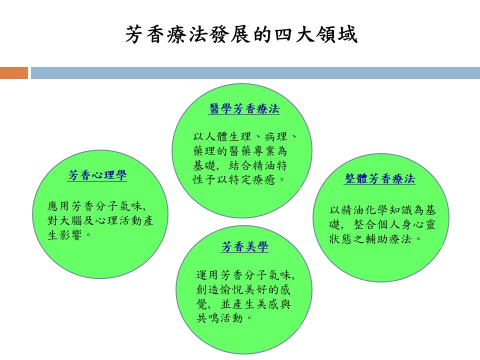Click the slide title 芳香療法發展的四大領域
(x=241, y=34)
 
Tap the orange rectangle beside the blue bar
(x=14, y=73)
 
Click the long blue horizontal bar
(x=255, y=73)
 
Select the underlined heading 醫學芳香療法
(x=244, y=109)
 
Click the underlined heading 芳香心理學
(x=97, y=175)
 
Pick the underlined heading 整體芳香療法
(x=379, y=179)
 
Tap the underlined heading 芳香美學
(x=244, y=246)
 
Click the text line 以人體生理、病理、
(x=245, y=136)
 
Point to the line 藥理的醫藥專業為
(x=240, y=151)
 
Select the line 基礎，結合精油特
(x=240, y=165)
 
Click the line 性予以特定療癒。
(x=239, y=179)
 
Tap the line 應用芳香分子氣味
(x=96, y=206)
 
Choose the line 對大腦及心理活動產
(x=100, y=220)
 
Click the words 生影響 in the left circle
(x=64, y=235)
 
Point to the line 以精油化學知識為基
(x=382, y=210)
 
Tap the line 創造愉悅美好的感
(x=243, y=289)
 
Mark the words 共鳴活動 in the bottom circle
(x=219, y=318)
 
